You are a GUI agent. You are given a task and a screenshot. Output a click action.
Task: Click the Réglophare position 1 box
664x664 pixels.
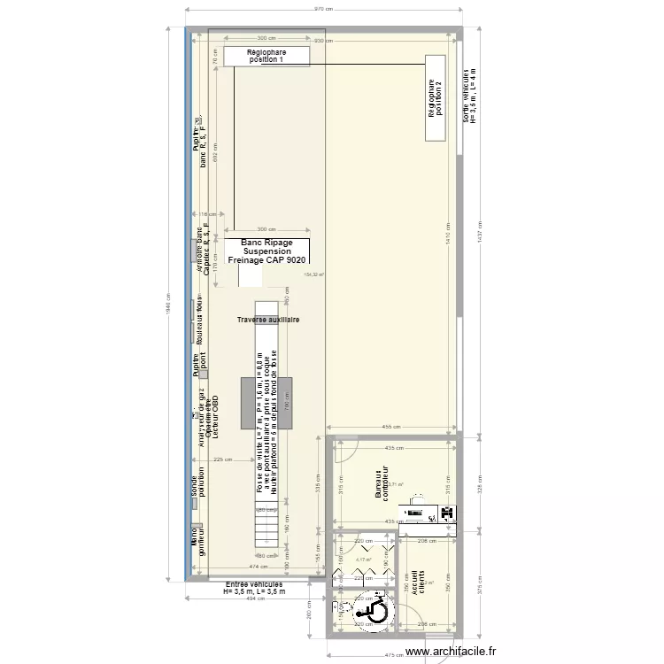click(x=266, y=57)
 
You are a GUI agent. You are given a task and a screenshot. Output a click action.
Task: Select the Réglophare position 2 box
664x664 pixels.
click(x=435, y=97)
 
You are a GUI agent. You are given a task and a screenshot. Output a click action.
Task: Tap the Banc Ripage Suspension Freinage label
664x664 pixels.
click(x=266, y=251)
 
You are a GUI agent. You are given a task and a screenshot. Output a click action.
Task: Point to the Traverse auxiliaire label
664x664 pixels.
click(x=267, y=320)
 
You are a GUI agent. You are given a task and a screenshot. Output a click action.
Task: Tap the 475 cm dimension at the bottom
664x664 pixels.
click(x=392, y=655)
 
